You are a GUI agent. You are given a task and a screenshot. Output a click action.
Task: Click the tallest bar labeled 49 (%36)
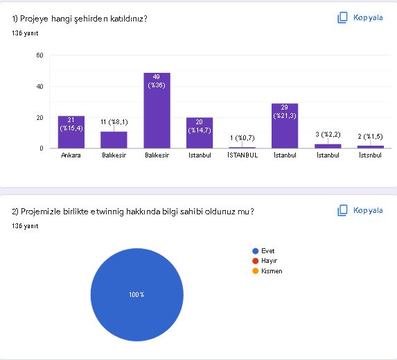157,111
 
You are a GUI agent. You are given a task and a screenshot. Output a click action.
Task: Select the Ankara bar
71,132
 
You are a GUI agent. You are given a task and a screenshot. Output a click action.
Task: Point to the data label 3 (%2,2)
327,133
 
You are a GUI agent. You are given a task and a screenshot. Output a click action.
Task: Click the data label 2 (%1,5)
370,136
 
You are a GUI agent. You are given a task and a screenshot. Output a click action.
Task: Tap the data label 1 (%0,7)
242,137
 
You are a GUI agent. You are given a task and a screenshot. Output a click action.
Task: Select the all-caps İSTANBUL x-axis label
242,155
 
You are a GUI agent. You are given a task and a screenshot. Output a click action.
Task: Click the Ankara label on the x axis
71,155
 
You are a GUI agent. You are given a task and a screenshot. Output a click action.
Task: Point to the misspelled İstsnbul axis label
370,155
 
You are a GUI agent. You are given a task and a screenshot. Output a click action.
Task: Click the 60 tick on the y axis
41,55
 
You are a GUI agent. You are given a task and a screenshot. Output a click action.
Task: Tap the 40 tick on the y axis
41,87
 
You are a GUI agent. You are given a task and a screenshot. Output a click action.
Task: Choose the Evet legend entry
267,251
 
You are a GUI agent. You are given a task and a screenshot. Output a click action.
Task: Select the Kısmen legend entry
271,271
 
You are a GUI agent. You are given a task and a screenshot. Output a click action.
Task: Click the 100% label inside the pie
136,295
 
